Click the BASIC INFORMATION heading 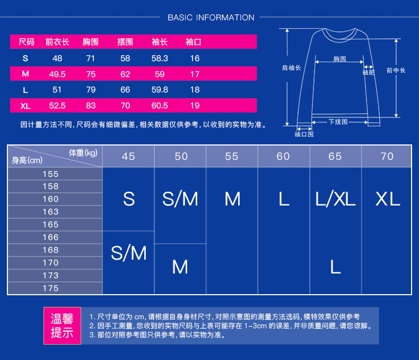tap(211, 18)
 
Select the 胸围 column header tap(91, 42)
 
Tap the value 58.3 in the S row tap(160, 58)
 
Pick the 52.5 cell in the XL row tap(57, 106)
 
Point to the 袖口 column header tap(194, 42)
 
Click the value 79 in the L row tap(91, 90)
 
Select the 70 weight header tap(387, 156)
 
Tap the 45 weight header tap(128, 156)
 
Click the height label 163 tap(51, 212)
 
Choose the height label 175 tap(51, 288)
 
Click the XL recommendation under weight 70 tap(387, 199)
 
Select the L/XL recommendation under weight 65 tap(335, 199)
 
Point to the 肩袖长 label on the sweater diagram tap(291, 68)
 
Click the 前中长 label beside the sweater tap(396, 70)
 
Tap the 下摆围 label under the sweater tap(338, 122)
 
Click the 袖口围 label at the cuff tap(304, 134)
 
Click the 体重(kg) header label tap(83, 153)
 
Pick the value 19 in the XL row tap(195, 106)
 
